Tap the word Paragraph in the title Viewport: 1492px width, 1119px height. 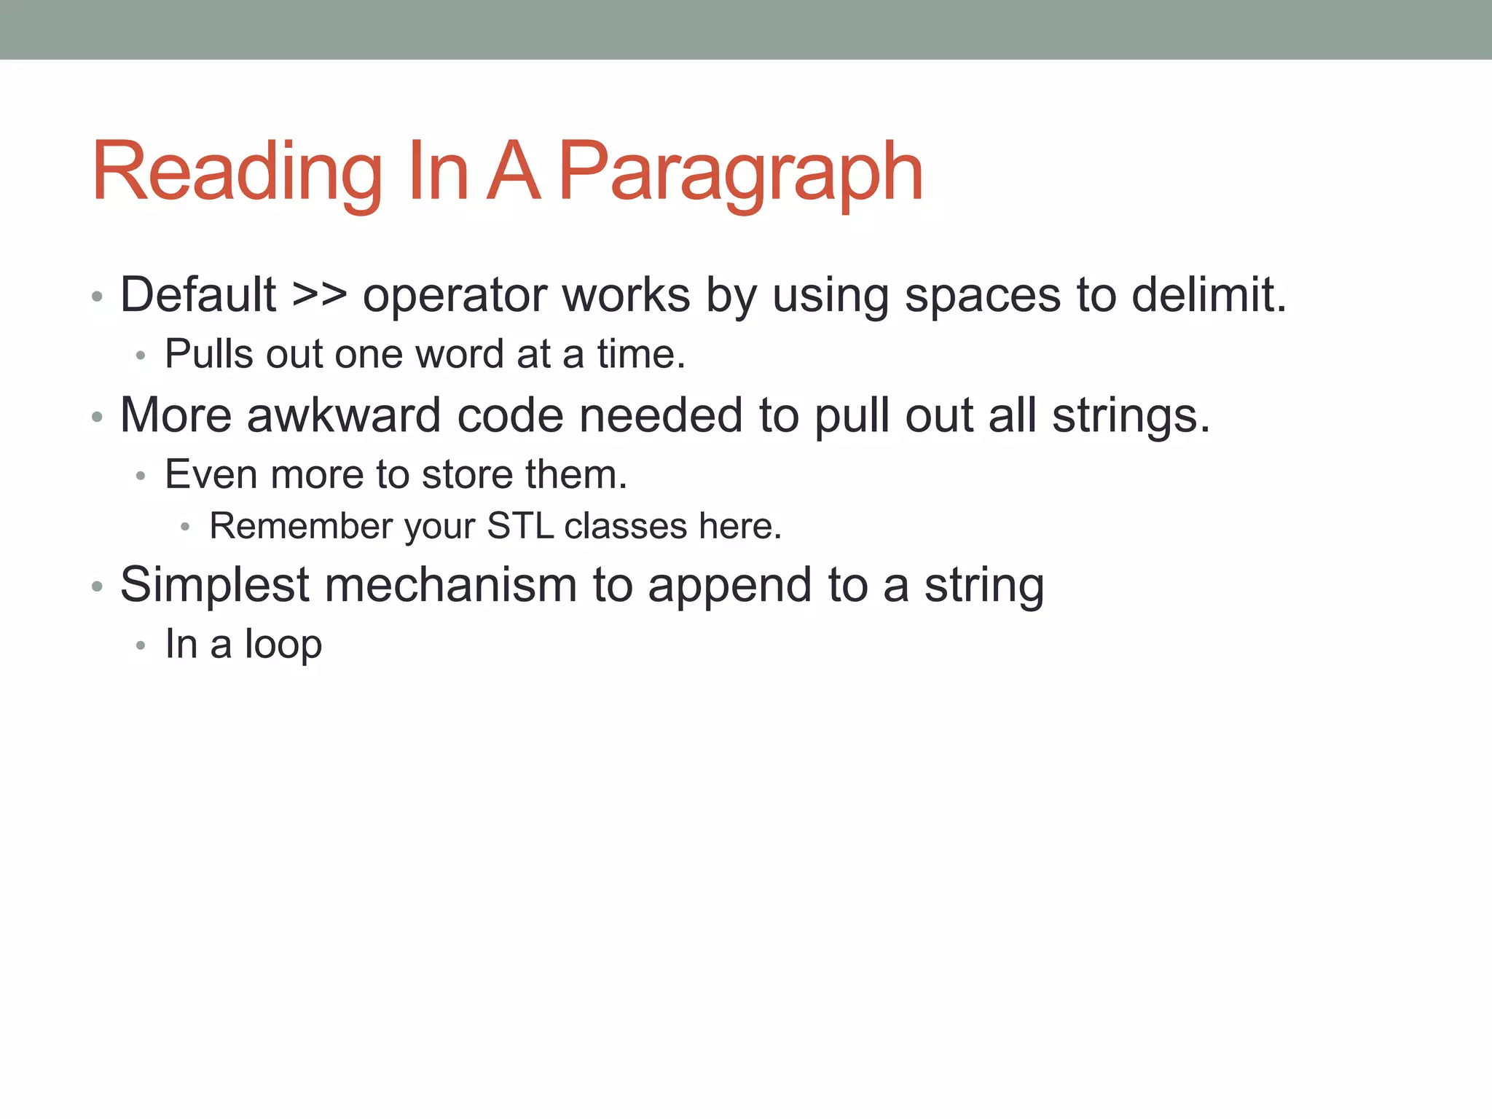741,173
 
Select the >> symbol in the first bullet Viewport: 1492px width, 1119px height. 319,295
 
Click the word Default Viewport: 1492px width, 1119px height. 198,295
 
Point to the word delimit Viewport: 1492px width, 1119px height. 1209,295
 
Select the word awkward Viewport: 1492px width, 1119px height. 344,415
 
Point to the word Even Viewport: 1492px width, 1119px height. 211,475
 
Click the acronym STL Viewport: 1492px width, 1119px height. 520,526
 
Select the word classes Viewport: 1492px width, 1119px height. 626,526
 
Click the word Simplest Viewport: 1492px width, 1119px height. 215,586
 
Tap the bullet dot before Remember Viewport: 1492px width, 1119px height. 186,527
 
